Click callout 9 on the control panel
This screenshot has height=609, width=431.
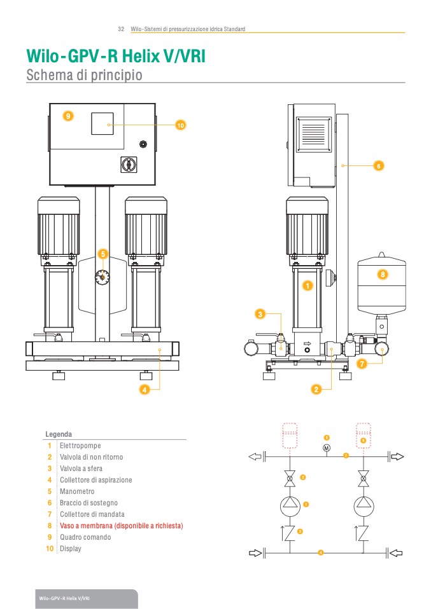click(x=68, y=116)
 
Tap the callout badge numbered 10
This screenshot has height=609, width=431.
click(x=180, y=125)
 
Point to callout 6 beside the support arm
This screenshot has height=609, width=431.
click(x=378, y=165)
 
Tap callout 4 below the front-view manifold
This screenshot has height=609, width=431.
click(x=145, y=389)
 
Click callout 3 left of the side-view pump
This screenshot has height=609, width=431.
click(x=260, y=314)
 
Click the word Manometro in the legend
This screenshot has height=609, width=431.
click(x=77, y=491)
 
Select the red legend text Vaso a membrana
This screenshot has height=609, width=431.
click(x=121, y=526)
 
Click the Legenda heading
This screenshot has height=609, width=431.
click(x=59, y=434)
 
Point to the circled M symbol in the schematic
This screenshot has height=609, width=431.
click(x=327, y=448)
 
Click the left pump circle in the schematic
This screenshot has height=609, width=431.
click(x=291, y=505)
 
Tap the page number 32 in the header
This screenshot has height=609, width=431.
click(x=121, y=29)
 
